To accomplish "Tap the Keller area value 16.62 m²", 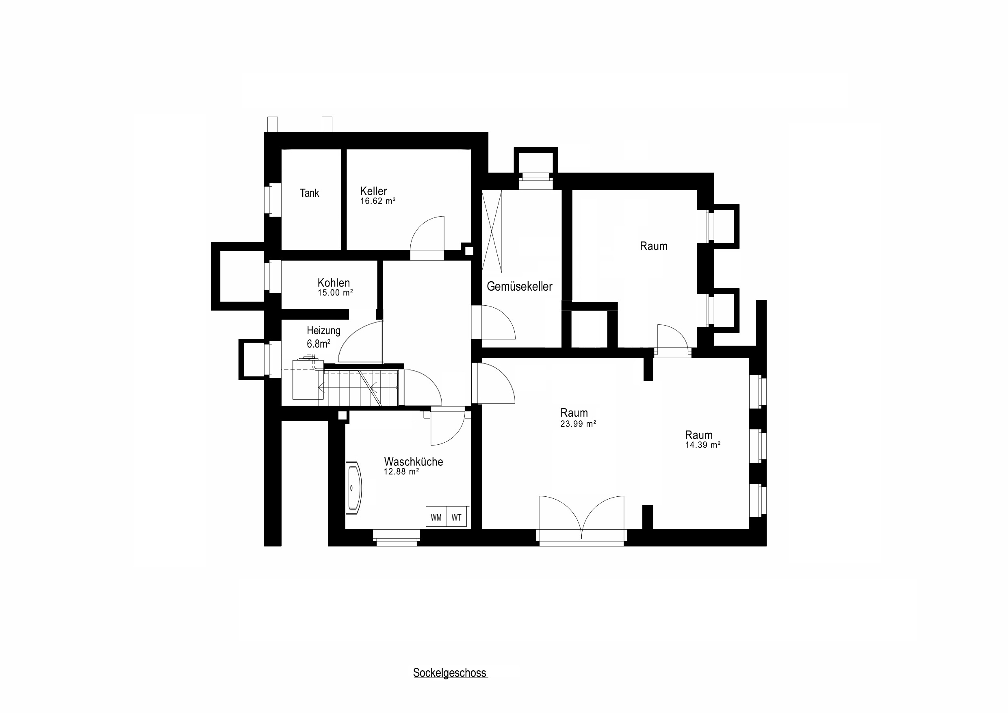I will pyautogui.click(x=377, y=201).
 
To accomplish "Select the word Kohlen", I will pyautogui.click(x=334, y=283).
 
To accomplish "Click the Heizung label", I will pyautogui.click(x=323, y=330).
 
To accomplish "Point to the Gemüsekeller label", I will pyautogui.click(x=519, y=287).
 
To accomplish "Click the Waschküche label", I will pyautogui.click(x=413, y=462).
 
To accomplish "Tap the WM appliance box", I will pyautogui.click(x=436, y=517).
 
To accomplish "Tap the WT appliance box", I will pyautogui.click(x=456, y=517).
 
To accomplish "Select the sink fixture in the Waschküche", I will pyautogui.click(x=354, y=487).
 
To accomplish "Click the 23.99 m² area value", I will pyautogui.click(x=578, y=424).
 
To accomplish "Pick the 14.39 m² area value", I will pyautogui.click(x=702, y=445).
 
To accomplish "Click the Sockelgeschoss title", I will pyautogui.click(x=450, y=673).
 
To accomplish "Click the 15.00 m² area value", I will pyautogui.click(x=335, y=293).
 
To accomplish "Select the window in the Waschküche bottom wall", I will pyautogui.click(x=397, y=538).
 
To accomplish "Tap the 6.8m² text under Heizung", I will pyautogui.click(x=318, y=343).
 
